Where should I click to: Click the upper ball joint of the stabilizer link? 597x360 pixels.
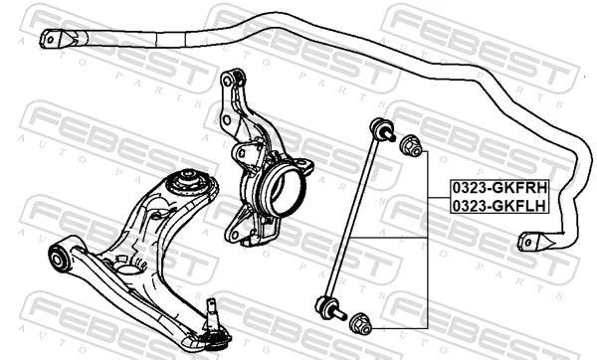click(x=380, y=128)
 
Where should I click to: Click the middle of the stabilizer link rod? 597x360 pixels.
click(x=353, y=217)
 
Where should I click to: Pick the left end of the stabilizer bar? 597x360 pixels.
click(x=49, y=39)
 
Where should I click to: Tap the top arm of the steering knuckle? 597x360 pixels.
click(x=233, y=80)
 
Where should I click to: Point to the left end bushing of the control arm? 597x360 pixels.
click(x=58, y=256)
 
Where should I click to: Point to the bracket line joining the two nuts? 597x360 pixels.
click(x=428, y=239)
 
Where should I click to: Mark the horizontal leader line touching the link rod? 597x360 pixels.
click(x=393, y=238)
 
